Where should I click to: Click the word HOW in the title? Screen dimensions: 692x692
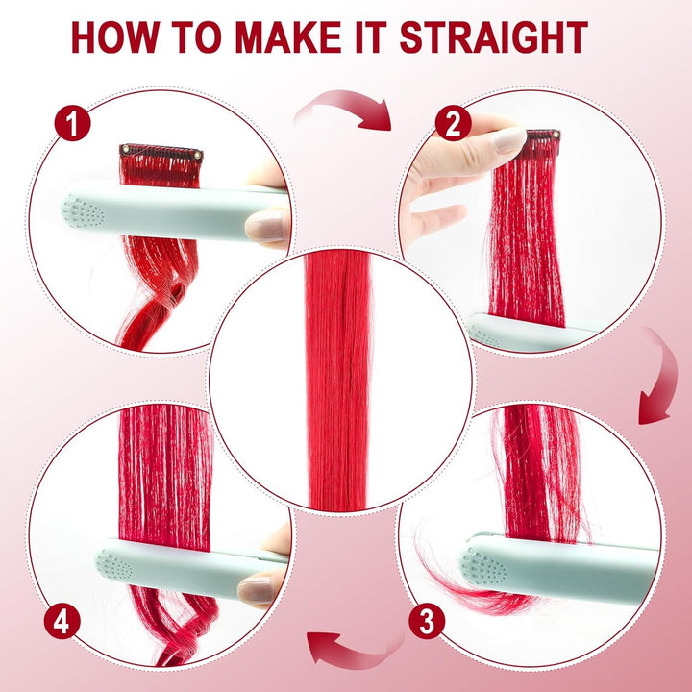[115, 37]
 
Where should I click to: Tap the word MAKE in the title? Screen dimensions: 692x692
[288, 37]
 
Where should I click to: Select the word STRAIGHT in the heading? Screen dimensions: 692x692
[493, 37]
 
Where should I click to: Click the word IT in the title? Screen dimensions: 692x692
[370, 37]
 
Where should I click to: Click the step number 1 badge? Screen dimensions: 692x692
[72, 123]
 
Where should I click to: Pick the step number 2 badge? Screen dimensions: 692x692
[454, 123]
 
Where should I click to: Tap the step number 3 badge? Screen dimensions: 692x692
[427, 621]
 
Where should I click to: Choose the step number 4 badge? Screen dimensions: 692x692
[62, 621]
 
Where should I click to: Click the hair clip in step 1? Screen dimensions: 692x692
[161, 152]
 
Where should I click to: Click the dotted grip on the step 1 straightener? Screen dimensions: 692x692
[83, 211]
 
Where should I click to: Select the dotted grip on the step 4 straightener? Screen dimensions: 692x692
[114, 564]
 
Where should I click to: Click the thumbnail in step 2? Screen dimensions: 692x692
[508, 140]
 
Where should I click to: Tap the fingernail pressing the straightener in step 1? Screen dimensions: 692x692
[266, 225]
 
